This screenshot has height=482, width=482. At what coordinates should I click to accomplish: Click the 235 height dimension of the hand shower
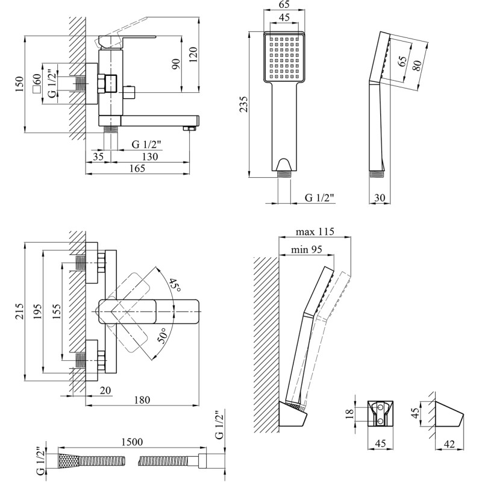(x=243, y=106)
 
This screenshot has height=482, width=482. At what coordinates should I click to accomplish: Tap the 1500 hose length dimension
(x=131, y=442)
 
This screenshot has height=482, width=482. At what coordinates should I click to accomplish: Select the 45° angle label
(x=174, y=285)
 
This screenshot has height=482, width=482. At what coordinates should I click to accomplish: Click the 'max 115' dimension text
(x=315, y=232)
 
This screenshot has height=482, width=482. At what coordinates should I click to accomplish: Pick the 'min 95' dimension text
(x=307, y=250)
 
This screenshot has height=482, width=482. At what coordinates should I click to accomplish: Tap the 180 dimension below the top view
(x=142, y=400)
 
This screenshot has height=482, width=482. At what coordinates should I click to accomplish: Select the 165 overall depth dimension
(x=137, y=169)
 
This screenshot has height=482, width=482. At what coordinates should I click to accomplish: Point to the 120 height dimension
(x=193, y=55)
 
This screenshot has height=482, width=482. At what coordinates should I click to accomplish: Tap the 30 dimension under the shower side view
(x=379, y=197)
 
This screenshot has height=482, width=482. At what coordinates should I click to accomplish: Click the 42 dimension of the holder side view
(x=449, y=444)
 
